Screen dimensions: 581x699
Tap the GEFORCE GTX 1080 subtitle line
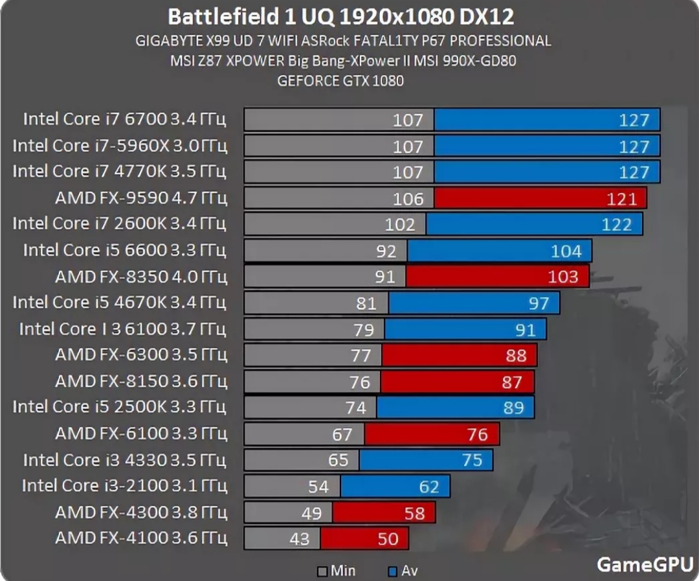pos(340,81)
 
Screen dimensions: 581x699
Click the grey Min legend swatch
pos(322,571)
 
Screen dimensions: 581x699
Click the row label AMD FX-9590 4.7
pos(141,198)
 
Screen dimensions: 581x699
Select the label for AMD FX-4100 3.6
pos(141,538)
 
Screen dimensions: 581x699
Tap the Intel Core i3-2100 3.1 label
pos(124,485)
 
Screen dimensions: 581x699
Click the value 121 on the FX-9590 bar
pos(622,199)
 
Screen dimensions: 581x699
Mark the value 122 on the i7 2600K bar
pos(616,225)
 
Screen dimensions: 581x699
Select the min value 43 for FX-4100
pos(300,538)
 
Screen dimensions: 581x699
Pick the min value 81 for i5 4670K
pos(366,303)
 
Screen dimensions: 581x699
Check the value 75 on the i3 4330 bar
pos(472,460)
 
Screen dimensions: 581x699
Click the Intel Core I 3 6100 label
pos(123,329)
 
